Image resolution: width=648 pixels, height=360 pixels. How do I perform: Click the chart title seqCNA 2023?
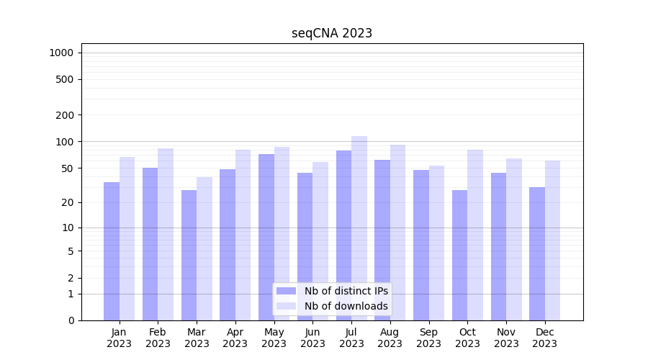(332, 33)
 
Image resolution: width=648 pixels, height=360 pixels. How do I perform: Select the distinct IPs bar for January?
(112, 251)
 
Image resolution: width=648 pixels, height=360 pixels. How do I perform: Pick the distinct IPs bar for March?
(189, 255)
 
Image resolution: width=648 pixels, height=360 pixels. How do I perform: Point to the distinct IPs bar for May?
(266, 237)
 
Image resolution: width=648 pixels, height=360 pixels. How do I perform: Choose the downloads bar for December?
(552, 240)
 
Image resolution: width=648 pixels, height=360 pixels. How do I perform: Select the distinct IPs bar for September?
(421, 245)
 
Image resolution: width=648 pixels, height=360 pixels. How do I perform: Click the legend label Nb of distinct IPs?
(346, 291)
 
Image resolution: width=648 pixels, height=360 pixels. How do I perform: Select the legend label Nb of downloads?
(346, 306)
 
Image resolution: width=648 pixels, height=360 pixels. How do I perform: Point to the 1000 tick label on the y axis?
(61, 53)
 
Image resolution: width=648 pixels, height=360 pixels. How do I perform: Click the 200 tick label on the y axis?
(65, 115)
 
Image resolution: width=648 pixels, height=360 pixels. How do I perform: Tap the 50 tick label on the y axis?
(67, 168)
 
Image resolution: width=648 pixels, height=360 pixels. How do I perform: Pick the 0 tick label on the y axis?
(71, 320)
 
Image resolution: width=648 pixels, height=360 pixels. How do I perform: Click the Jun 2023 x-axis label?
(312, 338)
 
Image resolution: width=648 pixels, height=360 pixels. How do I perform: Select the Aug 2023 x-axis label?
(390, 338)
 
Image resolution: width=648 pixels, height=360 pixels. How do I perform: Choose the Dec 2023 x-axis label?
(545, 338)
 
